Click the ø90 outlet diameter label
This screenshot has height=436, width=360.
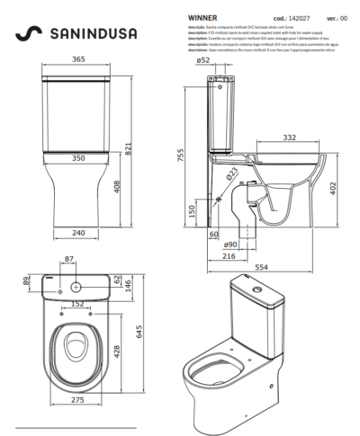point(229,245)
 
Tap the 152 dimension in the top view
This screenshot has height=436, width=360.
point(78,303)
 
